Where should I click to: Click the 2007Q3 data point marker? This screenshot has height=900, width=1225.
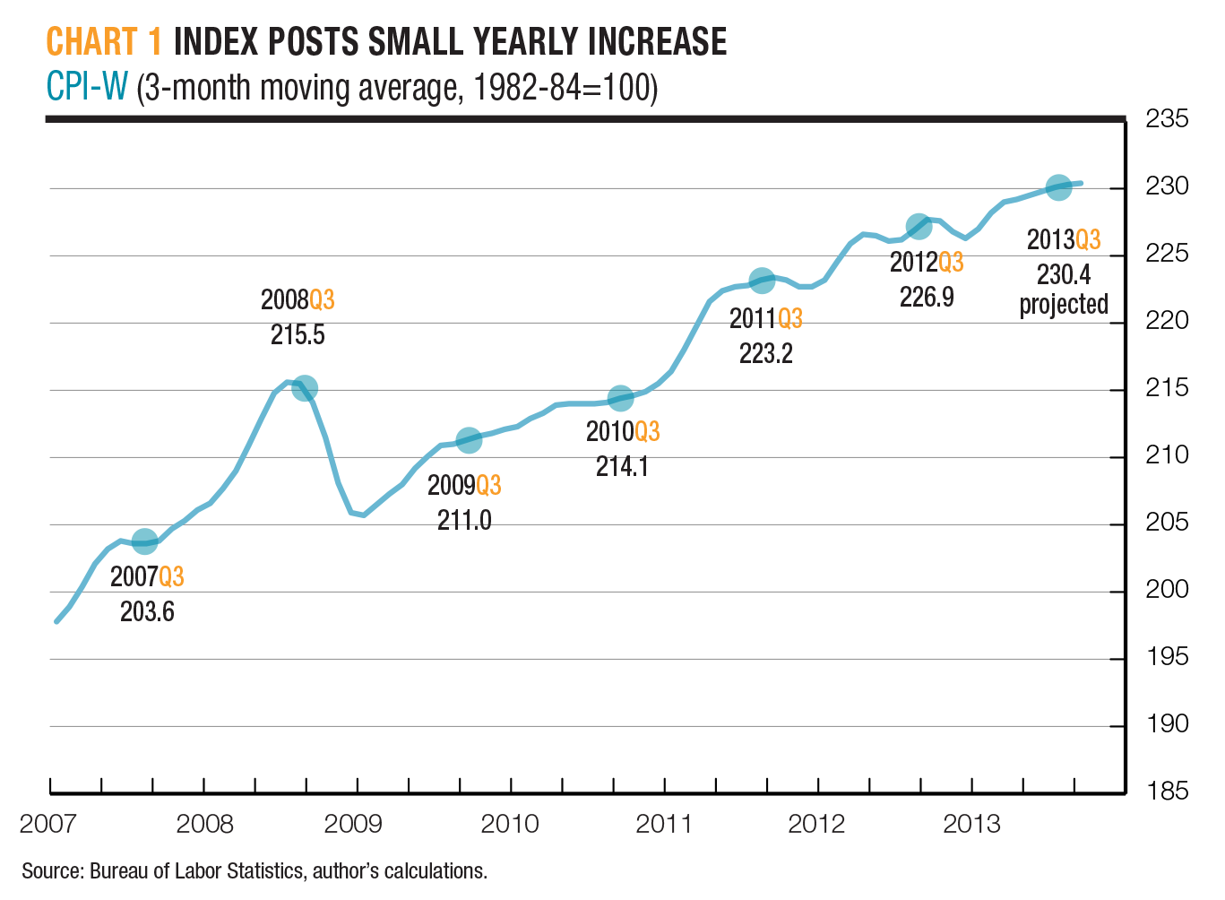coord(144,541)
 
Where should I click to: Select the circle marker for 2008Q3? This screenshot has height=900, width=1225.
coord(305,388)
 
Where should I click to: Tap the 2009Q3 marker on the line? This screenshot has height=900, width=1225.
coord(469,440)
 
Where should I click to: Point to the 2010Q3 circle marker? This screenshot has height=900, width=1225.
coord(620,399)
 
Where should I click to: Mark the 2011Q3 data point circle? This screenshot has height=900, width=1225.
coord(762,281)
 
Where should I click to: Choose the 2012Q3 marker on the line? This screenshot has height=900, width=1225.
coord(919,227)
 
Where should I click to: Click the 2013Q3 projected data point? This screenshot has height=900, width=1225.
coord(1058,188)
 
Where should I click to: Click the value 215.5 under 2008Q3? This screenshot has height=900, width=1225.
coord(298,335)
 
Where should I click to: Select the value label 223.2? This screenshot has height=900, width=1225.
coord(765,354)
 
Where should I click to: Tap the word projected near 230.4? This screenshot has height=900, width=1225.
coord(1064,305)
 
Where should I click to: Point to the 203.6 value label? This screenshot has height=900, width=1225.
coord(147,612)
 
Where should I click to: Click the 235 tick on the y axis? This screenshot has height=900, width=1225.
coord(1167,119)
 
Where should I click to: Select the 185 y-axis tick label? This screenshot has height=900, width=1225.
coord(1167,792)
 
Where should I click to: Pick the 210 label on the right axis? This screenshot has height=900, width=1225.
coord(1167,455)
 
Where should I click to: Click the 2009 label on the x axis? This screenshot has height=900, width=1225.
coord(353,824)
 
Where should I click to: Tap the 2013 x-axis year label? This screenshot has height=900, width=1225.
coord(971,824)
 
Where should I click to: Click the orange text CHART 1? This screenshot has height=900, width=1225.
coord(104,42)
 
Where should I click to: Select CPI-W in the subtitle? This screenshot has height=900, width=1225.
coord(87,88)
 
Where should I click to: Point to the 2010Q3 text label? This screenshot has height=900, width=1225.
coord(623,432)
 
